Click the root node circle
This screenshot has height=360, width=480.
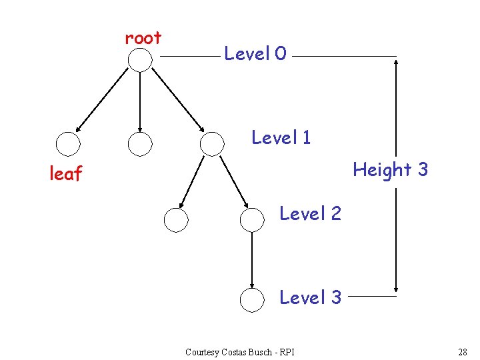(140, 60)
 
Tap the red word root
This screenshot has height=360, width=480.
(143, 39)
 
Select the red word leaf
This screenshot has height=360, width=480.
(66, 174)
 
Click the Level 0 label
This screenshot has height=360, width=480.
(255, 54)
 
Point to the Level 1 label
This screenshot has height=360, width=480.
(281, 138)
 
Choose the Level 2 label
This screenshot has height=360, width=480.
(310, 213)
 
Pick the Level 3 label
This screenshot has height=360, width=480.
(310, 297)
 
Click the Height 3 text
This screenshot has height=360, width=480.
(390, 170)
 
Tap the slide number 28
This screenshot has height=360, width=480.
(463, 351)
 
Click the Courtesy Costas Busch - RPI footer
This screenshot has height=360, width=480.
(240, 352)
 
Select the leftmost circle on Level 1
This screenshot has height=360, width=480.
(68, 143)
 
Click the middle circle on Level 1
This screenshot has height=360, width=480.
(140, 143)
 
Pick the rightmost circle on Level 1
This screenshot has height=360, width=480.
(212, 143)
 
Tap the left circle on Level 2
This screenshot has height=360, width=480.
(176, 219)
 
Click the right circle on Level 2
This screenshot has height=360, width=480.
(252, 219)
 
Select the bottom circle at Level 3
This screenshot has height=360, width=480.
(252, 301)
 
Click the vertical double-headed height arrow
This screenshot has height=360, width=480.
(397, 120)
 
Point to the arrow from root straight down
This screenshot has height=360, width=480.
(140, 100)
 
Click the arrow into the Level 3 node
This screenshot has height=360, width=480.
(252, 260)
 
